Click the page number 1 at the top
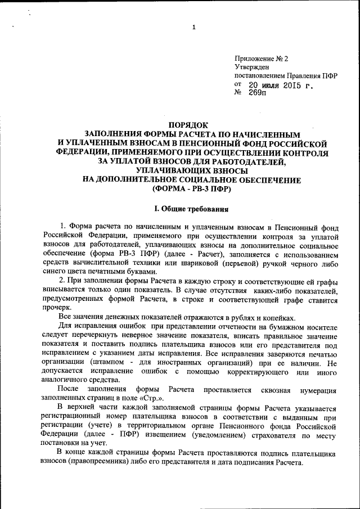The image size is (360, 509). coord(193,28)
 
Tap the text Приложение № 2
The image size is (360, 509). coord(261,58)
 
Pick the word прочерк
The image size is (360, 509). coord(57,307)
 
